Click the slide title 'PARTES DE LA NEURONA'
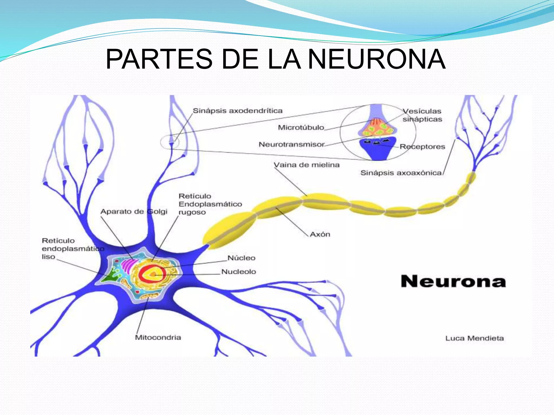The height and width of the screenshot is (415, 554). coord(275,59)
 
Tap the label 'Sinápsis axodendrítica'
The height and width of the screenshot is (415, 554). coord(238,111)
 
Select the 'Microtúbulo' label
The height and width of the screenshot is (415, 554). coord(301,128)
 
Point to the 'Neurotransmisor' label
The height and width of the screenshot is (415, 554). coord(292,145)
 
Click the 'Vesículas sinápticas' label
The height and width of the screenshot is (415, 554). coord(422,115)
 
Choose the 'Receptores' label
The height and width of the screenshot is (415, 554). coord(422,147)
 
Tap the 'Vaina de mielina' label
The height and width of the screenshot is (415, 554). coord(306,165)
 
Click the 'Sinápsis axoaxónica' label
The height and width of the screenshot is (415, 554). coord(401,173)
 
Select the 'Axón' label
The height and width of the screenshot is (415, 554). coord(320,234)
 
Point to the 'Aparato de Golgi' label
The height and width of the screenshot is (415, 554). coord(134,212)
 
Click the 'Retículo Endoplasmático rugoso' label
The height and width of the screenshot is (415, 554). coord(210,204)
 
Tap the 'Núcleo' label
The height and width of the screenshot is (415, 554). coord(241,258)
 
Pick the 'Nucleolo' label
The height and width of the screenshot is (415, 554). coord(239,272)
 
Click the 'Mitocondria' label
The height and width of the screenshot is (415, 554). coord(158,337)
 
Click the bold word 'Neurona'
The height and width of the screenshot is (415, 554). coord(453,282)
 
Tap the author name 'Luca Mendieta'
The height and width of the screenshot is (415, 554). coord(474,338)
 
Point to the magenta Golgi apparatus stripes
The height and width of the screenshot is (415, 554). coord(127,265)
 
